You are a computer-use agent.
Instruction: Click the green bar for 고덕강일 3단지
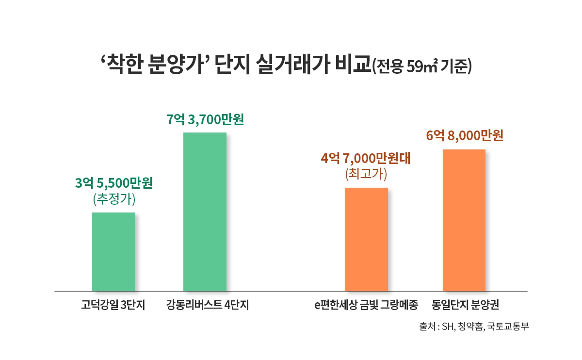click(x=113, y=251)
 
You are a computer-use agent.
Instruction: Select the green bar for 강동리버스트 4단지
click(x=205, y=212)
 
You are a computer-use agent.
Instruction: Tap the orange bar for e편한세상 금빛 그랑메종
click(x=366, y=239)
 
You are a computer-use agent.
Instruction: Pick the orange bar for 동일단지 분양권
click(x=464, y=220)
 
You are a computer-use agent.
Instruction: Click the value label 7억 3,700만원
click(x=205, y=119)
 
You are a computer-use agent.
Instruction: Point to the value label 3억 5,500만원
click(x=114, y=183)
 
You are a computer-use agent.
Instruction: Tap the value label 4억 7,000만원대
click(x=366, y=159)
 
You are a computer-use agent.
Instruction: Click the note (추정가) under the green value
click(x=113, y=199)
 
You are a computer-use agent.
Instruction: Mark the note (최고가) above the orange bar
click(x=366, y=174)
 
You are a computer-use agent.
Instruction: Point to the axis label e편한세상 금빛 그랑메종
click(x=366, y=306)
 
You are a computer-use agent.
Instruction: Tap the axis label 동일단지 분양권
click(x=466, y=306)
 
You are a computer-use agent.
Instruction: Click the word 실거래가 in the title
click(x=286, y=65)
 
